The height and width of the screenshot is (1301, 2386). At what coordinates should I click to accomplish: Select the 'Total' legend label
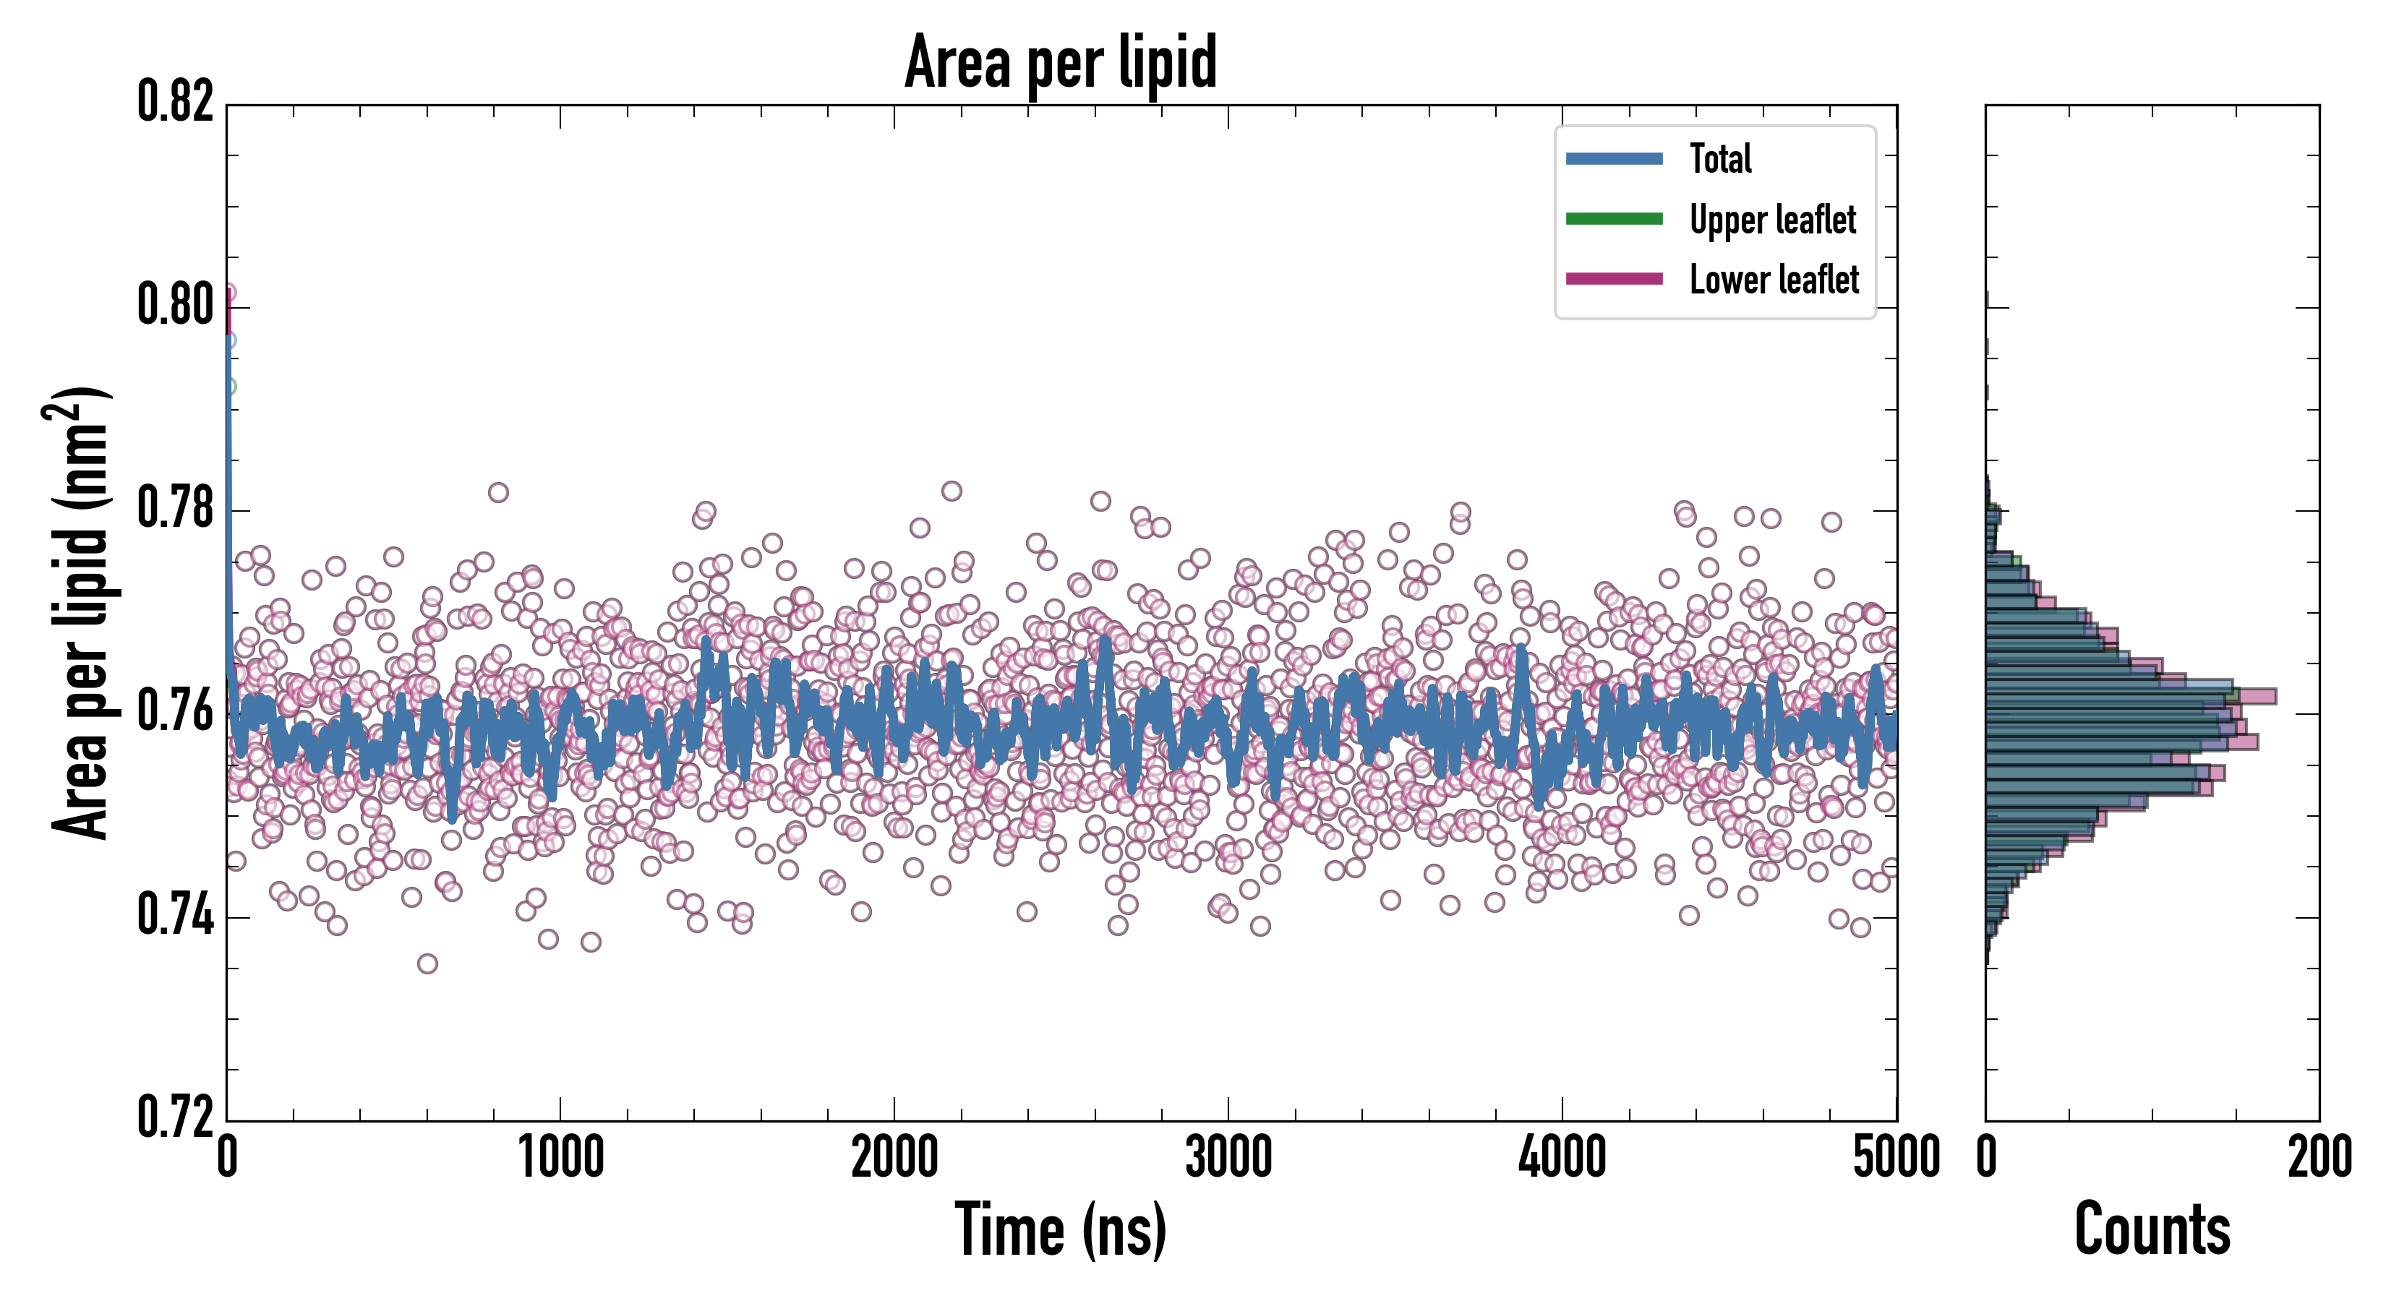pos(1720,158)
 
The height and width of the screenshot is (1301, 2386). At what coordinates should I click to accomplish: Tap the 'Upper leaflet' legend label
pos(1772,220)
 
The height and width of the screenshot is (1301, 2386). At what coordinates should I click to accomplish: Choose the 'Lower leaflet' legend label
pos(1774,279)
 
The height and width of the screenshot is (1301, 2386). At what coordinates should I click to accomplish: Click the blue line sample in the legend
pos(1614,158)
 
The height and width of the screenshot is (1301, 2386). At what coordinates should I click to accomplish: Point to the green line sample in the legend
pos(1614,218)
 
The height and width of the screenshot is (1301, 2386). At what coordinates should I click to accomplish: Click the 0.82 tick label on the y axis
pos(176,102)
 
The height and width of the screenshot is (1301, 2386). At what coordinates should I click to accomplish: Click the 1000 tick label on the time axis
pos(560,1157)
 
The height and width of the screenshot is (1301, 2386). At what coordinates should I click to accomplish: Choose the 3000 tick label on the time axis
pos(1228,1157)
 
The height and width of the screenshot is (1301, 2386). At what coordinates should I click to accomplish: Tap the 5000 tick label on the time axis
pos(1896,1157)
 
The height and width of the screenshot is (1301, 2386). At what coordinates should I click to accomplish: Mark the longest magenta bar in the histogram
pos(2260,696)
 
